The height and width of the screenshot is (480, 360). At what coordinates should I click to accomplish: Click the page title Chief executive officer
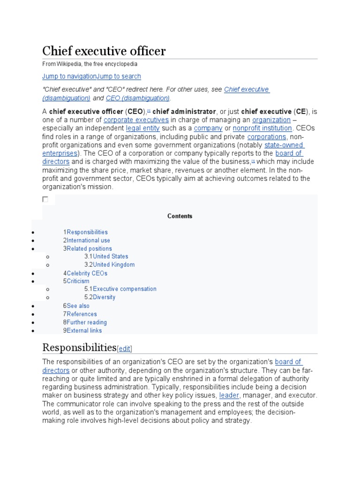click(104, 51)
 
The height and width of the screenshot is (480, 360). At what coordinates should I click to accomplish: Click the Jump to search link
click(119, 76)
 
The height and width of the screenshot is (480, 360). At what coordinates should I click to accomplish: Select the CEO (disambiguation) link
click(138, 98)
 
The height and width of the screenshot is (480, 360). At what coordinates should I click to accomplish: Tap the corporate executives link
click(136, 120)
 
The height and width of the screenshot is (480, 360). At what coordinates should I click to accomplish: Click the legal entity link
click(143, 128)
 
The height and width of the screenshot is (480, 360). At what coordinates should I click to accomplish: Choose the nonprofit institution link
click(262, 128)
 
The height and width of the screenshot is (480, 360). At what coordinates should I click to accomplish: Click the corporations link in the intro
click(267, 136)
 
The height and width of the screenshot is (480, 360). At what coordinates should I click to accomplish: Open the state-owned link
click(284, 145)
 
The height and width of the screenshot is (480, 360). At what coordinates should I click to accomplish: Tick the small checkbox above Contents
click(45, 199)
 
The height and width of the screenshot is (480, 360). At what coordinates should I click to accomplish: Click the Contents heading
click(180, 216)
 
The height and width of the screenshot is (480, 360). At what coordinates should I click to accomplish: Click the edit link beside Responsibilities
click(125, 348)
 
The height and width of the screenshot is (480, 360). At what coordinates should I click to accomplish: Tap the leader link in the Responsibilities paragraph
click(229, 395)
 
